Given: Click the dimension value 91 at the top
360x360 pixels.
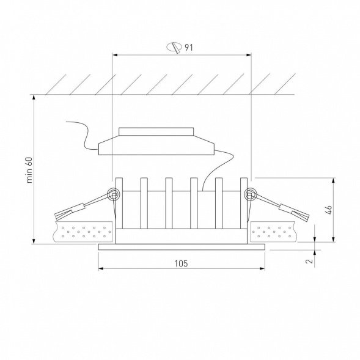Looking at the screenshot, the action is (189, 48).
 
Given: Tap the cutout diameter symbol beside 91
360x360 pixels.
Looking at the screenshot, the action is (174, 48).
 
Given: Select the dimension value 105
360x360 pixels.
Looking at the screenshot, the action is (182, 263).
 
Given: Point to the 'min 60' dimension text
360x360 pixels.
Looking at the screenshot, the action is (29, 170).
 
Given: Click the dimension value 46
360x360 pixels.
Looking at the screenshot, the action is (329, 210).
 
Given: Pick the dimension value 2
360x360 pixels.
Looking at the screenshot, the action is (310, 261).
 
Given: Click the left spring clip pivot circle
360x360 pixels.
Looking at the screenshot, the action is (114, 195).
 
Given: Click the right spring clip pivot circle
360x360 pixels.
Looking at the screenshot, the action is (249, 195).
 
